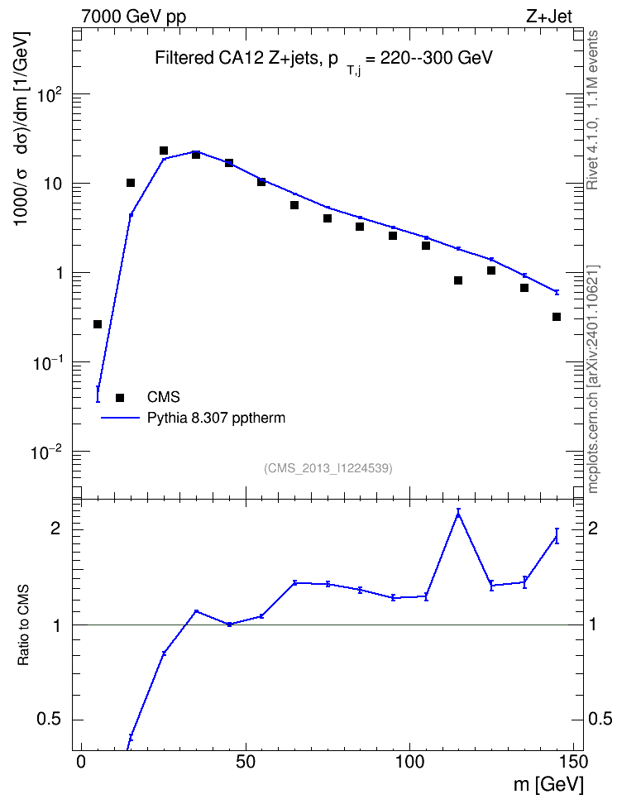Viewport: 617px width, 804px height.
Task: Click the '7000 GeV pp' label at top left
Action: [x=133, y=17]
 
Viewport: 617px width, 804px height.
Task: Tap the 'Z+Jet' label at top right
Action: [x=549, y=17]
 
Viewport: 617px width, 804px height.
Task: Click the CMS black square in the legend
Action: [x=120, y=397]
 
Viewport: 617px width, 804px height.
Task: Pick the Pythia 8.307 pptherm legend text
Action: [x=216, y=419]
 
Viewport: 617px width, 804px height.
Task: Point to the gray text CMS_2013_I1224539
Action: [x=328, y=468]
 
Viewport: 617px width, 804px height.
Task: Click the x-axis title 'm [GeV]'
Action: [x=548, y=784]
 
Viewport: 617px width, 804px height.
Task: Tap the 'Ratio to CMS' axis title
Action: [x=23, y=625]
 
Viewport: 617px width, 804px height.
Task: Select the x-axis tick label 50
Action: [x=246, y=762]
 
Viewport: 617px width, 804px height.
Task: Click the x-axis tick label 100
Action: [x=409, y=762]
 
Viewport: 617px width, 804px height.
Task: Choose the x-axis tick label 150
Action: [x=573, y=762]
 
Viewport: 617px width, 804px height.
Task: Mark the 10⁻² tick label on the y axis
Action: [x=45, y=452]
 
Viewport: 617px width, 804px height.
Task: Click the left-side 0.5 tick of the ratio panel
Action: [x=50, y=720]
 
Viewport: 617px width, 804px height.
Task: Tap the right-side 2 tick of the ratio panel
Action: [x=593, y=529]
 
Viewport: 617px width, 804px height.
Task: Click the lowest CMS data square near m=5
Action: [x=98, y=324]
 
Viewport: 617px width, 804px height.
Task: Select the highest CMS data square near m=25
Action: [x=164, y=151]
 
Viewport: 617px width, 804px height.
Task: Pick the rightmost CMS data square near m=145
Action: [x=557, y=317]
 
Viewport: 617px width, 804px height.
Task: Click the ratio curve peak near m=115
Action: [x=458, y=514]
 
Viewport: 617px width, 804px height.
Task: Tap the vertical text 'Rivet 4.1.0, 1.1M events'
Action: [x=592, y=110]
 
